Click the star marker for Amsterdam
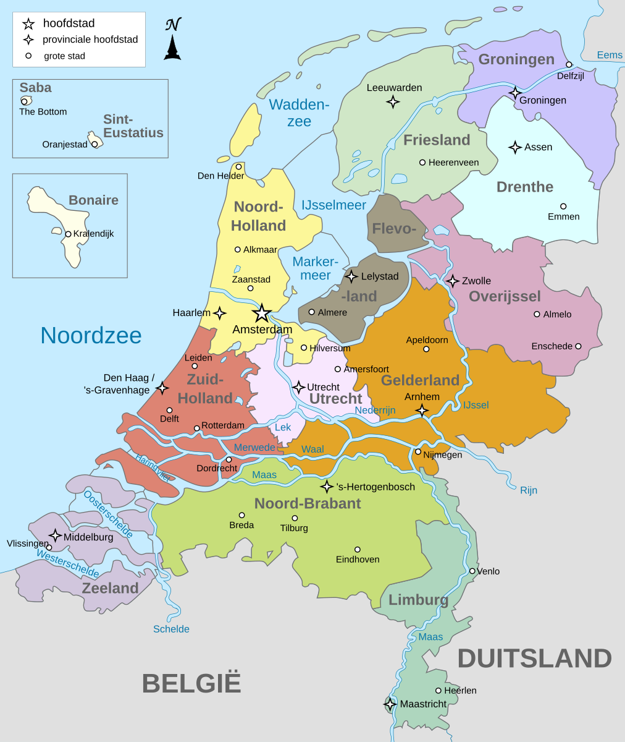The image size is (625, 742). point(262,313)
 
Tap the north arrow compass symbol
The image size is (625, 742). point(172,40)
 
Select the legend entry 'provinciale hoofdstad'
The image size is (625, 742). point(90,40)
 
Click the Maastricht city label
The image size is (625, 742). point(423,704)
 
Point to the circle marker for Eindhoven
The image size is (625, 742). point(357,549)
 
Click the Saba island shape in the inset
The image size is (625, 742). point(26,100)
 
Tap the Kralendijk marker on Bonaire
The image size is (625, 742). point(68,234)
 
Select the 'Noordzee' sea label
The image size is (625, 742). point(91,335)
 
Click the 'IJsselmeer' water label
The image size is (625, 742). point(333,205)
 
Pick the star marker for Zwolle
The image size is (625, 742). point(453,281)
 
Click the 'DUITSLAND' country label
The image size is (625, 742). point(534,659)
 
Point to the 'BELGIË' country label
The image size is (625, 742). point(191,684)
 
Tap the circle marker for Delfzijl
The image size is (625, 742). point(569,64)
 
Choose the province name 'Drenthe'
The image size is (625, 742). point(525,187)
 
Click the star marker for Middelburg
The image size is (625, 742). point(56,535)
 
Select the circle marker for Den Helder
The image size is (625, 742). point(238,166)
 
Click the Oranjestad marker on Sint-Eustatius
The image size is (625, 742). point(94,144)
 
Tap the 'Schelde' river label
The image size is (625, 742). point(171,629)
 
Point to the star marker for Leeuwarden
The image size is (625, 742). point(393,102)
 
